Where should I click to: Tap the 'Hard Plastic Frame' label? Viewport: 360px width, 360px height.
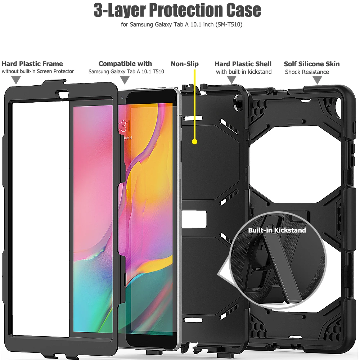point(32,64)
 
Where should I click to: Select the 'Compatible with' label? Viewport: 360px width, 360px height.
point(125,64)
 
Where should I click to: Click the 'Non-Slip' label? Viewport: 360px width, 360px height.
point(185,64)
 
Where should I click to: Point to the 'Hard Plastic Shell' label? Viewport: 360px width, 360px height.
point(243,64)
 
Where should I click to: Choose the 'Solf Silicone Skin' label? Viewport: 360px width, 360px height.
point(312,64)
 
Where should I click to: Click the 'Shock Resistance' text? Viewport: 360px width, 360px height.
point(307,72)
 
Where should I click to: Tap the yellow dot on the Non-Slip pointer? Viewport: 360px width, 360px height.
point(195,141)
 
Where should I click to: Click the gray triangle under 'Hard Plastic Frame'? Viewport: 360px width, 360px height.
point(16,80)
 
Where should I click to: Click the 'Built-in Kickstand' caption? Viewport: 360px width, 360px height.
point(277,230)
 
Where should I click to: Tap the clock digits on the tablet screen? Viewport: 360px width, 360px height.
point(124,126)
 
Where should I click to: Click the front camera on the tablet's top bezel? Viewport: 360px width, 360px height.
point(122,97)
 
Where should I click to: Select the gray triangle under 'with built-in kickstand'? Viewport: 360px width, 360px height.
point(232,80)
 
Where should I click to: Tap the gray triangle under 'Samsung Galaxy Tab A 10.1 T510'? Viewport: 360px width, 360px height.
point(125,80)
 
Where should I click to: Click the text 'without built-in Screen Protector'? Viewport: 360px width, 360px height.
point(38,71)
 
